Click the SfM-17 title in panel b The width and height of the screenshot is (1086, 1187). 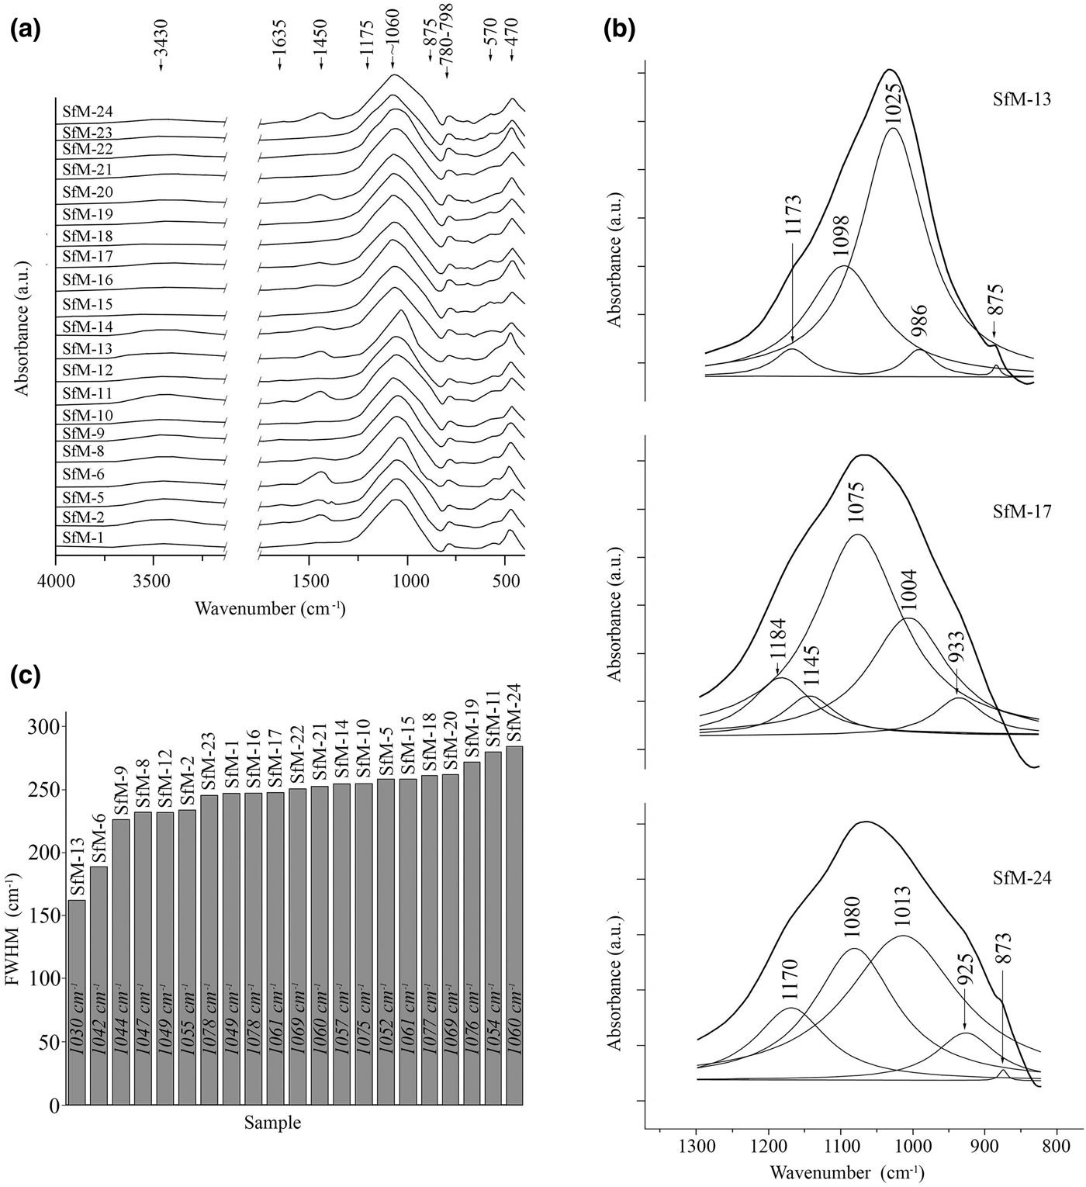(1022, 512)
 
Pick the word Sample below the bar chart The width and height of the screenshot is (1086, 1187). (272, 1122)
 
